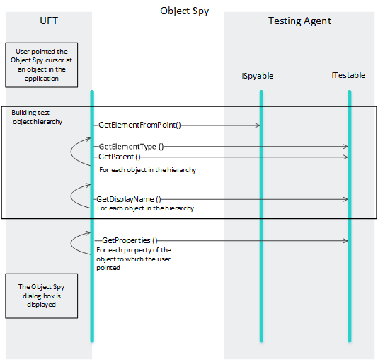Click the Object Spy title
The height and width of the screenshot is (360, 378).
coord(185,11)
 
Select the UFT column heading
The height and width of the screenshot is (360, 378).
coord(49,21)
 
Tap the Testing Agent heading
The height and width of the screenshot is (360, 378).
coord(299,21)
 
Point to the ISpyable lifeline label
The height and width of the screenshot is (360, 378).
coord(257,76)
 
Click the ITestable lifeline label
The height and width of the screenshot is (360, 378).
coord(348,75)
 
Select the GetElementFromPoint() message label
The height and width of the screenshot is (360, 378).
coord(139,125)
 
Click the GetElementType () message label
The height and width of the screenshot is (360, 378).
coord(131,147)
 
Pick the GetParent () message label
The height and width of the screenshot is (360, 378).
coord(120,157)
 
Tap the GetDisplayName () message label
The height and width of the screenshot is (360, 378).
coord(129,199)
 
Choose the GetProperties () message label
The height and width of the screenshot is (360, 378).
coord(130,240)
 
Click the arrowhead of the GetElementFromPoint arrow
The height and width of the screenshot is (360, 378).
coord(258,125)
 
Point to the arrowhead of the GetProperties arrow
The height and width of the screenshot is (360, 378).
coord(345,240)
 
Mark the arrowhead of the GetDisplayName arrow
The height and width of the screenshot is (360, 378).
coord(345,199)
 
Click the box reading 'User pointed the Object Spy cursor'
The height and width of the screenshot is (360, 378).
coord(42,65)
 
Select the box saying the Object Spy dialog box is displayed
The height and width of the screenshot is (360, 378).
coord(42,296)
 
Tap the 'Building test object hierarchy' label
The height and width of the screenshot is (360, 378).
coord(37,117)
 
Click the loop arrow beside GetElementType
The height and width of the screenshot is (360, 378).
coord(71,152)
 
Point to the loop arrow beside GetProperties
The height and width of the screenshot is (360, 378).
coord(71,243)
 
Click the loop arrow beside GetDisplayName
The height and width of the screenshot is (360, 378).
coord(71,196)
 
